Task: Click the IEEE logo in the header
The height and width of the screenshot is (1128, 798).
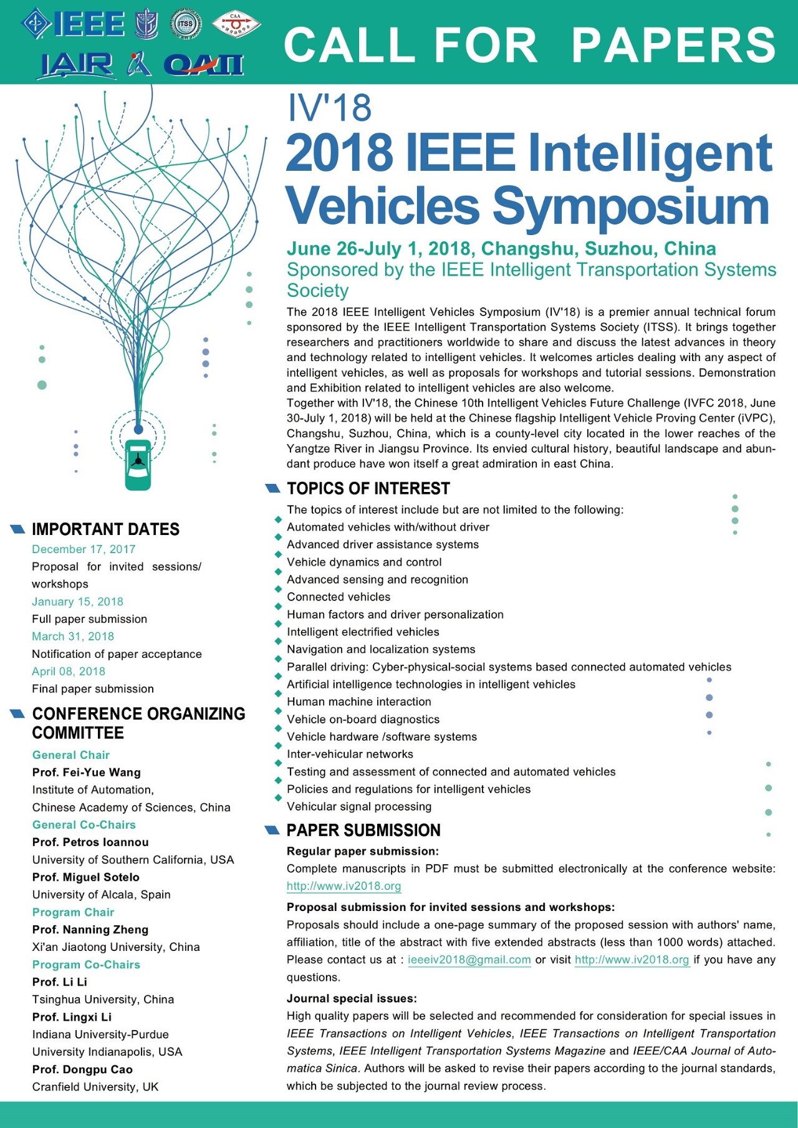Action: [74, 24]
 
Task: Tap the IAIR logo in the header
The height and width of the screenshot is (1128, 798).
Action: [77, 65]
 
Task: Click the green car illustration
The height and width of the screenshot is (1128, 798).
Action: [138, 465]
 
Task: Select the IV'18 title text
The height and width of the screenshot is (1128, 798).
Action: [329, 107]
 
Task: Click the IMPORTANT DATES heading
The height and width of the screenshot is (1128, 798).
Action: [105, 529]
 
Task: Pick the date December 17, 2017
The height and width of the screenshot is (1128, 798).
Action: [84, 549]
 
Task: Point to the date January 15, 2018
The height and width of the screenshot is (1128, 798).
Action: [78, 602]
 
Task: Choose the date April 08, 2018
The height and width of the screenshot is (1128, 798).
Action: [69, 672]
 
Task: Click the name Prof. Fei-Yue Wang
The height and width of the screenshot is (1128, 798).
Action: [87, 773]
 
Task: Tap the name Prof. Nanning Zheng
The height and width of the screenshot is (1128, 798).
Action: [90, 930]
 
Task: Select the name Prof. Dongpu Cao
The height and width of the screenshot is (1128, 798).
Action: [82, 1069]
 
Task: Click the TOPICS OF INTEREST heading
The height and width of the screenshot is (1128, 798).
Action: [368, 489]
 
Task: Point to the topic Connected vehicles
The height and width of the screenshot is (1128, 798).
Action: [339, 597]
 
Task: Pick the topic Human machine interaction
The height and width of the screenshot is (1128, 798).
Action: [359, 701]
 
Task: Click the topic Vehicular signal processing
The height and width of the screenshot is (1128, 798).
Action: [359, 806]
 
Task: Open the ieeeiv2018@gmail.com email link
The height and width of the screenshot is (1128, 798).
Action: [469, 960]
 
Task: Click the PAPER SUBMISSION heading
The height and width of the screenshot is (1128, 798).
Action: [363, 831]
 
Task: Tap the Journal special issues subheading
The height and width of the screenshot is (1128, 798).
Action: [352, 998]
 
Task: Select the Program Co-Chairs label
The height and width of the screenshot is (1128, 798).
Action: [86, 965]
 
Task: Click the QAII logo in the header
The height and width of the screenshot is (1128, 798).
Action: [203, 65]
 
